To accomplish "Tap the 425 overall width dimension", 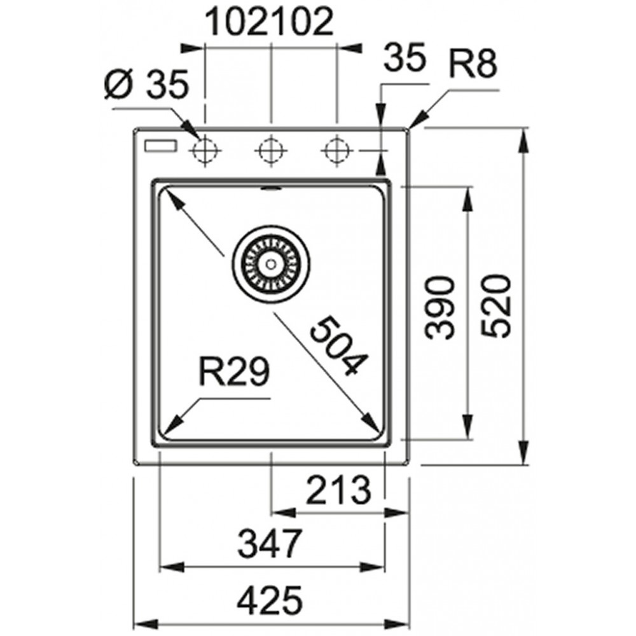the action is coord(270,600).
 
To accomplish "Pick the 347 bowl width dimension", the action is coord(270,543).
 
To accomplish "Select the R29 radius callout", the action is coord(234,371).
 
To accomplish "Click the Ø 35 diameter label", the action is coord(146,84).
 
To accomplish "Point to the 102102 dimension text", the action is coord(270,22).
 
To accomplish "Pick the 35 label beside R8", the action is coord(405,57).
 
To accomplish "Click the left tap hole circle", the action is coord(205,151).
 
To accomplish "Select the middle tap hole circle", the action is coord(271,151).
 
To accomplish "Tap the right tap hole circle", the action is coord(336,151).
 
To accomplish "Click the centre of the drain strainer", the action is coord(271,265).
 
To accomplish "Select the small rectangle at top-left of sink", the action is coord(160,146).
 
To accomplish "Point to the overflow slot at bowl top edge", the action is coord(271,188).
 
